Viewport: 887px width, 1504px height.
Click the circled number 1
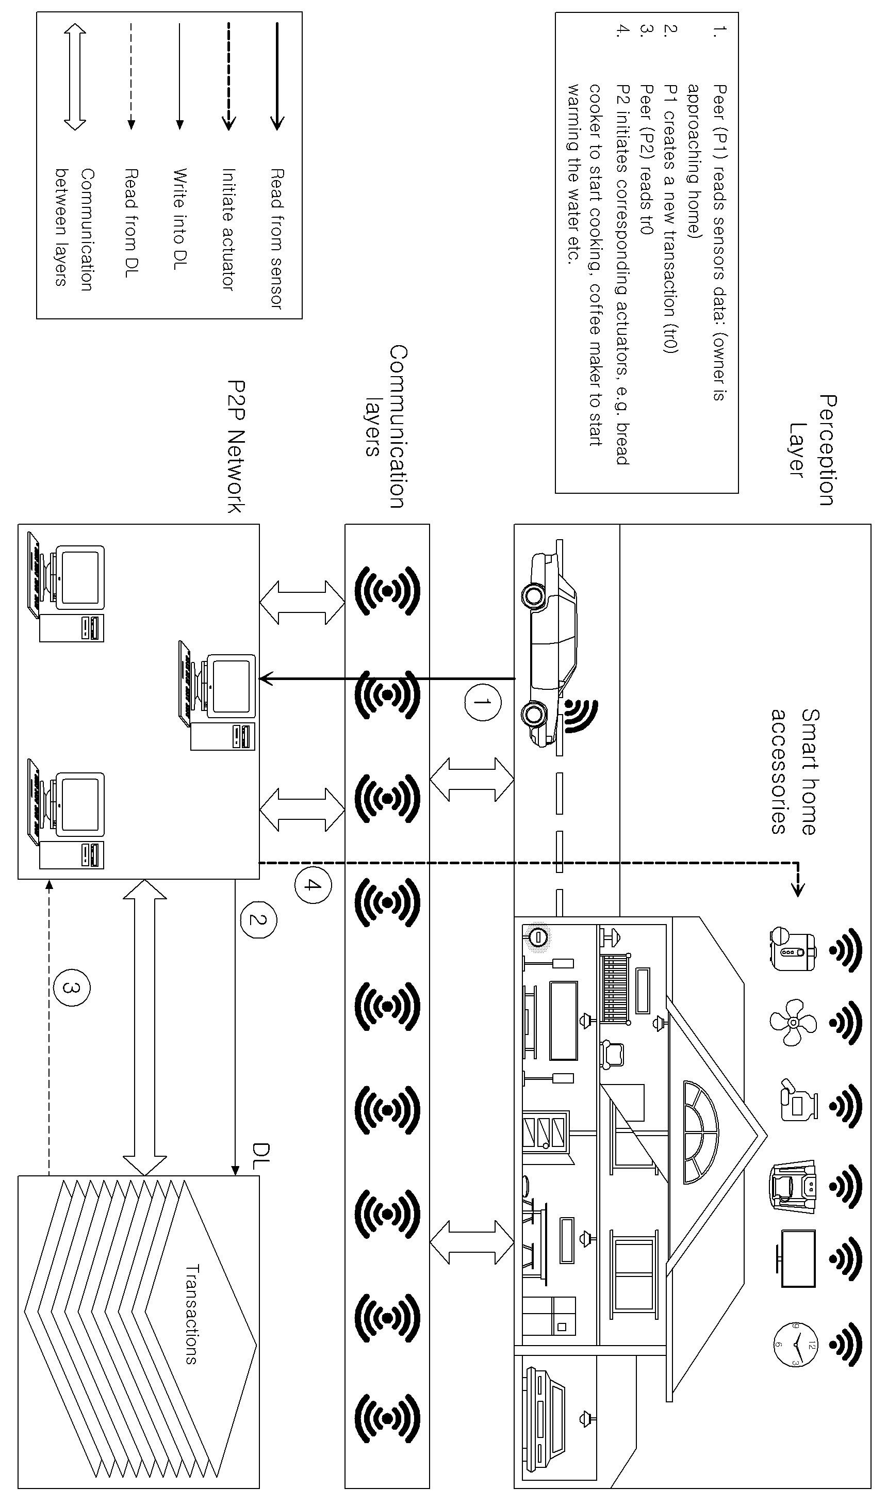coord(482,702)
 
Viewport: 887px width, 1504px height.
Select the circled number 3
coord(71,989)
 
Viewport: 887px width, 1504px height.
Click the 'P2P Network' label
coord(237,447)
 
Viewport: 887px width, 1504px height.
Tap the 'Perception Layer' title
coord(812,450)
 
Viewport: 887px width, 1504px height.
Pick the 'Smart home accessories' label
coord(793,771)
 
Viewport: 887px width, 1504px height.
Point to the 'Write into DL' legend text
coord(179,219)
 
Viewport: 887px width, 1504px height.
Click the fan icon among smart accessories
coord(793,1022)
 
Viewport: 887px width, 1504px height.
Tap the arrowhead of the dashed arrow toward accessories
coord(797,890)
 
